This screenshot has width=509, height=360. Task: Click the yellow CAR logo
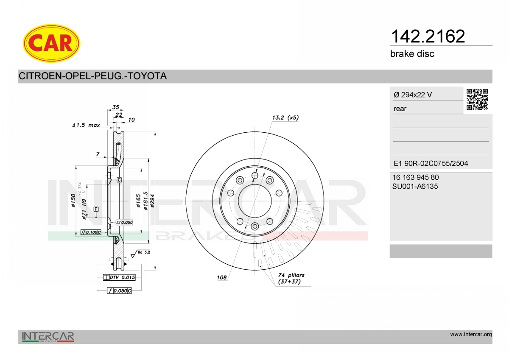pos(51,43)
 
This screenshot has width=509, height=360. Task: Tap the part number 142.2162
pos(428,36)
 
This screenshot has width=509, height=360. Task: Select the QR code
pos(477,100)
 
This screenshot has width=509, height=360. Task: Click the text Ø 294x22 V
pos(413,95)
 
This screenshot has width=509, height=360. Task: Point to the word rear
pos(400,109)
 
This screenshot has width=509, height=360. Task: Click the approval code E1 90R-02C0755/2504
pos(431,163)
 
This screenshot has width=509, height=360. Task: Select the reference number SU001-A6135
pos(415,187)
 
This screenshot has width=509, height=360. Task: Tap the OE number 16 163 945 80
pos(416,177)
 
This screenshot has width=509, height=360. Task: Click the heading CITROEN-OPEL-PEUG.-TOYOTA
pos(93,76)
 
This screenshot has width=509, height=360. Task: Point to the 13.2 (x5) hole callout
pos(285,117)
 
